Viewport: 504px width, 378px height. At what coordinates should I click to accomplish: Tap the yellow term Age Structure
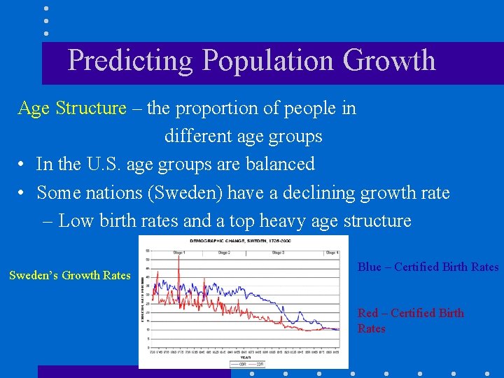(x=71, y=108)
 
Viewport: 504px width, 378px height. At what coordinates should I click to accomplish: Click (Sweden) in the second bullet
(x=155, y=192)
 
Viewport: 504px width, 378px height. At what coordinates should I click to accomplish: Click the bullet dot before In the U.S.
(x=23, y=164)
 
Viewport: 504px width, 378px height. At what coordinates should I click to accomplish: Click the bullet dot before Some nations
(x=23, y=192)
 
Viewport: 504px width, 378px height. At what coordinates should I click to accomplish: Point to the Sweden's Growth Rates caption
(x=69, y=275)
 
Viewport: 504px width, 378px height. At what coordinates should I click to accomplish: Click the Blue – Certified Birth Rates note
(x=428, y=267)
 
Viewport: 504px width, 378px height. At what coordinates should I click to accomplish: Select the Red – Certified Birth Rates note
(x=410, y=321)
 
